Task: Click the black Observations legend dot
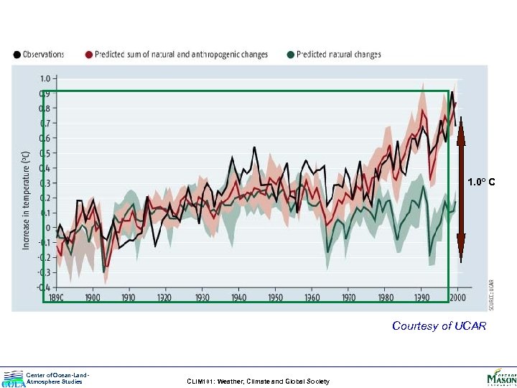pos(17,55)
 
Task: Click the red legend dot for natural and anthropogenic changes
pos(89,55)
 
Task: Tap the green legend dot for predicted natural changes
pos(290,55)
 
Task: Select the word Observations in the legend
pos(44,55)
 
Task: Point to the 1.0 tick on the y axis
pos(44,78)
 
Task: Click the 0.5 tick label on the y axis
pos(44,153)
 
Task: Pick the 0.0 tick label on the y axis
pos(44,228)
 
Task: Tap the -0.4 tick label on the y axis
pos(42,287)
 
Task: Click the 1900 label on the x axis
pos(92,297)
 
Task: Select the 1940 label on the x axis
pos(238,297)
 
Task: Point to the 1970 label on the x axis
pos(348,297)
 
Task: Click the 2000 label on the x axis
pos(458,297)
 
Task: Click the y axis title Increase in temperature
pos(27,200)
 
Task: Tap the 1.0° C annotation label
pos(482,182)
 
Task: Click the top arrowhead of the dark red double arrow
pos(461,122)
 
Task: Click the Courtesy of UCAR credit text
pos(439,326)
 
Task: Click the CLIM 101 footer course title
pos(257,382)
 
